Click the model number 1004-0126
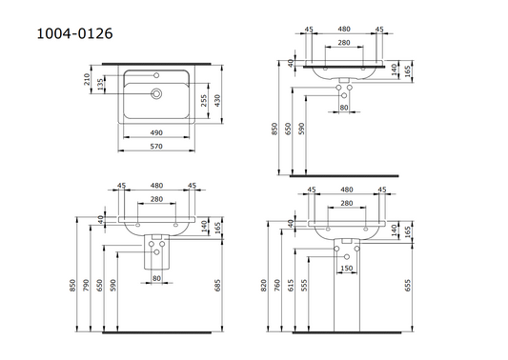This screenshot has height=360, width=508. (x=74, y=33)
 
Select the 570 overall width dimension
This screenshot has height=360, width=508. (x=156, y=147)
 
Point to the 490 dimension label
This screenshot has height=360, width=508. (x=156, y=132)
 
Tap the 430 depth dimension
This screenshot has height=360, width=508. (x=217, y=101)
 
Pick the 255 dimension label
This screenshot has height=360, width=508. (x=203, y=101)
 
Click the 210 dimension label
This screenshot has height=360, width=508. (x=87, y=79)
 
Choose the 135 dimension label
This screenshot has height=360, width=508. (x=100, y=84)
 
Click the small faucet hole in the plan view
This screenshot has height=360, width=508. (x=156, y=75)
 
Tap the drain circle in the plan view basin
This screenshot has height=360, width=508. (x=156, y=94)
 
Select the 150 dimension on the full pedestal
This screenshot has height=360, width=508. (x=347, y=268)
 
